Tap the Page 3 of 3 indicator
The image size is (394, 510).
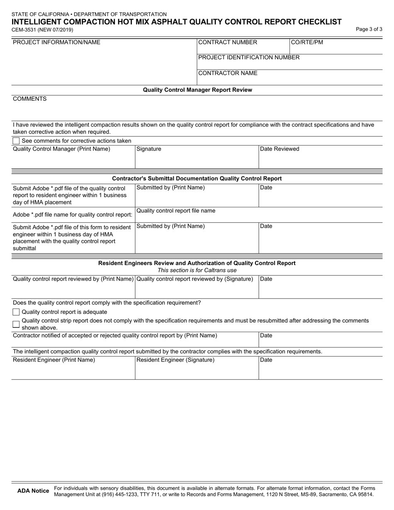(369, 29)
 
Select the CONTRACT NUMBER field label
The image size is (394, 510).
(228, 42)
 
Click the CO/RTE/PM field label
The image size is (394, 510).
(307, 42)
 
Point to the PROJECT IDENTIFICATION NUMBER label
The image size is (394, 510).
(249, 57)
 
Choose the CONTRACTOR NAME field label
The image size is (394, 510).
(228, 73)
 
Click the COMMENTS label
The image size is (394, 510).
(30, 99)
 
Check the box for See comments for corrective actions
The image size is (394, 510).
(16, 141)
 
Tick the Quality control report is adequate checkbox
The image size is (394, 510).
(16, 312)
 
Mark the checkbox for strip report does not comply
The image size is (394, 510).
(16, 324)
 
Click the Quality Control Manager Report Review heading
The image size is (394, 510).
(197, 90)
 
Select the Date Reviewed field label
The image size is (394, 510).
(280, 149)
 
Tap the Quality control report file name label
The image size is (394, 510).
(176, 211)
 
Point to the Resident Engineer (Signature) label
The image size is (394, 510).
(175, 360)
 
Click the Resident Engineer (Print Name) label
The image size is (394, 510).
(54, 360)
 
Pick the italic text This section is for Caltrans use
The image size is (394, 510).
(197, 270)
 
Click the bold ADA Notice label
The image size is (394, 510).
(33, 491)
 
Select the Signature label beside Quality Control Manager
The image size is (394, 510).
(149, 149)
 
